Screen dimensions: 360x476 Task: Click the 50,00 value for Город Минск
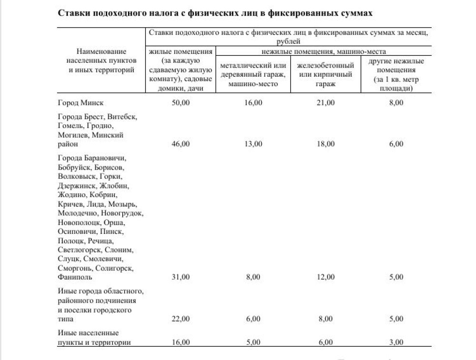[180, 103]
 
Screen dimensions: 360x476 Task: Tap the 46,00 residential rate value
[180, 144]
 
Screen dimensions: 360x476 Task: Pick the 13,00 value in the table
[253, 144]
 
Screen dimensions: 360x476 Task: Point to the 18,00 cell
[326, 144]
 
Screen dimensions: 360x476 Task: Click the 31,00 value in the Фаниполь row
[180, 277]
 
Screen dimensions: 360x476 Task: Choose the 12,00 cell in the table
[326, 277]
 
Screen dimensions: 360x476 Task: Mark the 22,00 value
[180, 319]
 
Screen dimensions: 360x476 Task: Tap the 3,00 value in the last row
[396, 342]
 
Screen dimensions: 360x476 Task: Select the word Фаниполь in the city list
[74, 277]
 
